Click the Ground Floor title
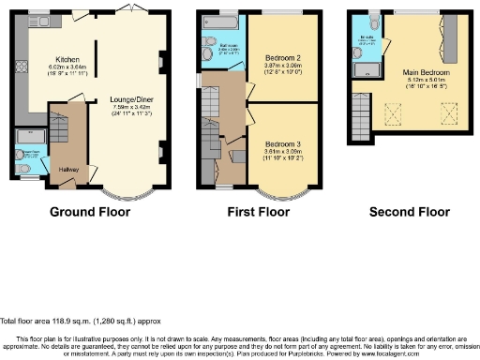pyautogui.click(x=89, y=212)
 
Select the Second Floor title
pyautogui.click(x=410, y=212)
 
